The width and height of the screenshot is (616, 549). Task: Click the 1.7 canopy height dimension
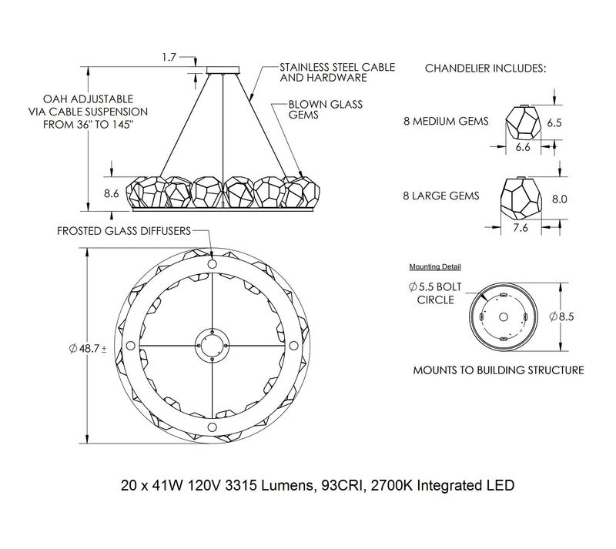[x=169, y=58]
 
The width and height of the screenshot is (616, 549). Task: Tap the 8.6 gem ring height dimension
[x=111, y=193]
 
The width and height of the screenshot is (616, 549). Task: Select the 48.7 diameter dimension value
[x=87, y=348]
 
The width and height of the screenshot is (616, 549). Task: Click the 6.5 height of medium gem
[x=554, y=122]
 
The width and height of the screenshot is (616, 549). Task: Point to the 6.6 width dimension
[x=523, y=147]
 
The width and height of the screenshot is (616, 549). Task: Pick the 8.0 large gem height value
[x=560, y=199]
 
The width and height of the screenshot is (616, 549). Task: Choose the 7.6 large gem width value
[x=521, y=228]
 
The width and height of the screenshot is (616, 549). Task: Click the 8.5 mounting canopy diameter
[x=562, y=316]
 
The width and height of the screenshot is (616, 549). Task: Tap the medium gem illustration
[x=522, y=122]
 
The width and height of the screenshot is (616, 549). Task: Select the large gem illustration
[x=521, y=199]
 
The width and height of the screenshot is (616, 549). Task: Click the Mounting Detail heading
[x=435, y=266]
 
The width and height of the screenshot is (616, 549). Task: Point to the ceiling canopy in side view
[x=223, y=70]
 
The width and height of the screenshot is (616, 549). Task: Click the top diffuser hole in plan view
[x=213, y=263]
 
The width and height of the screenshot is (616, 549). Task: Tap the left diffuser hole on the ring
[x=130, y=346]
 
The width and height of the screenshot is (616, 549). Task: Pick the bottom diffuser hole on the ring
[x=213, y=427]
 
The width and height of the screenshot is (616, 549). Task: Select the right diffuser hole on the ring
[x=293, y=346]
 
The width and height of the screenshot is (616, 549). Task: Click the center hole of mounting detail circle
[x=504, y=316]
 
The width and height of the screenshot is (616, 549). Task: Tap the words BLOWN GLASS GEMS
[x=326, y=109]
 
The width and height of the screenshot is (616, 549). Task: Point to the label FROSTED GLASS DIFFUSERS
[x=124, y=231]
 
